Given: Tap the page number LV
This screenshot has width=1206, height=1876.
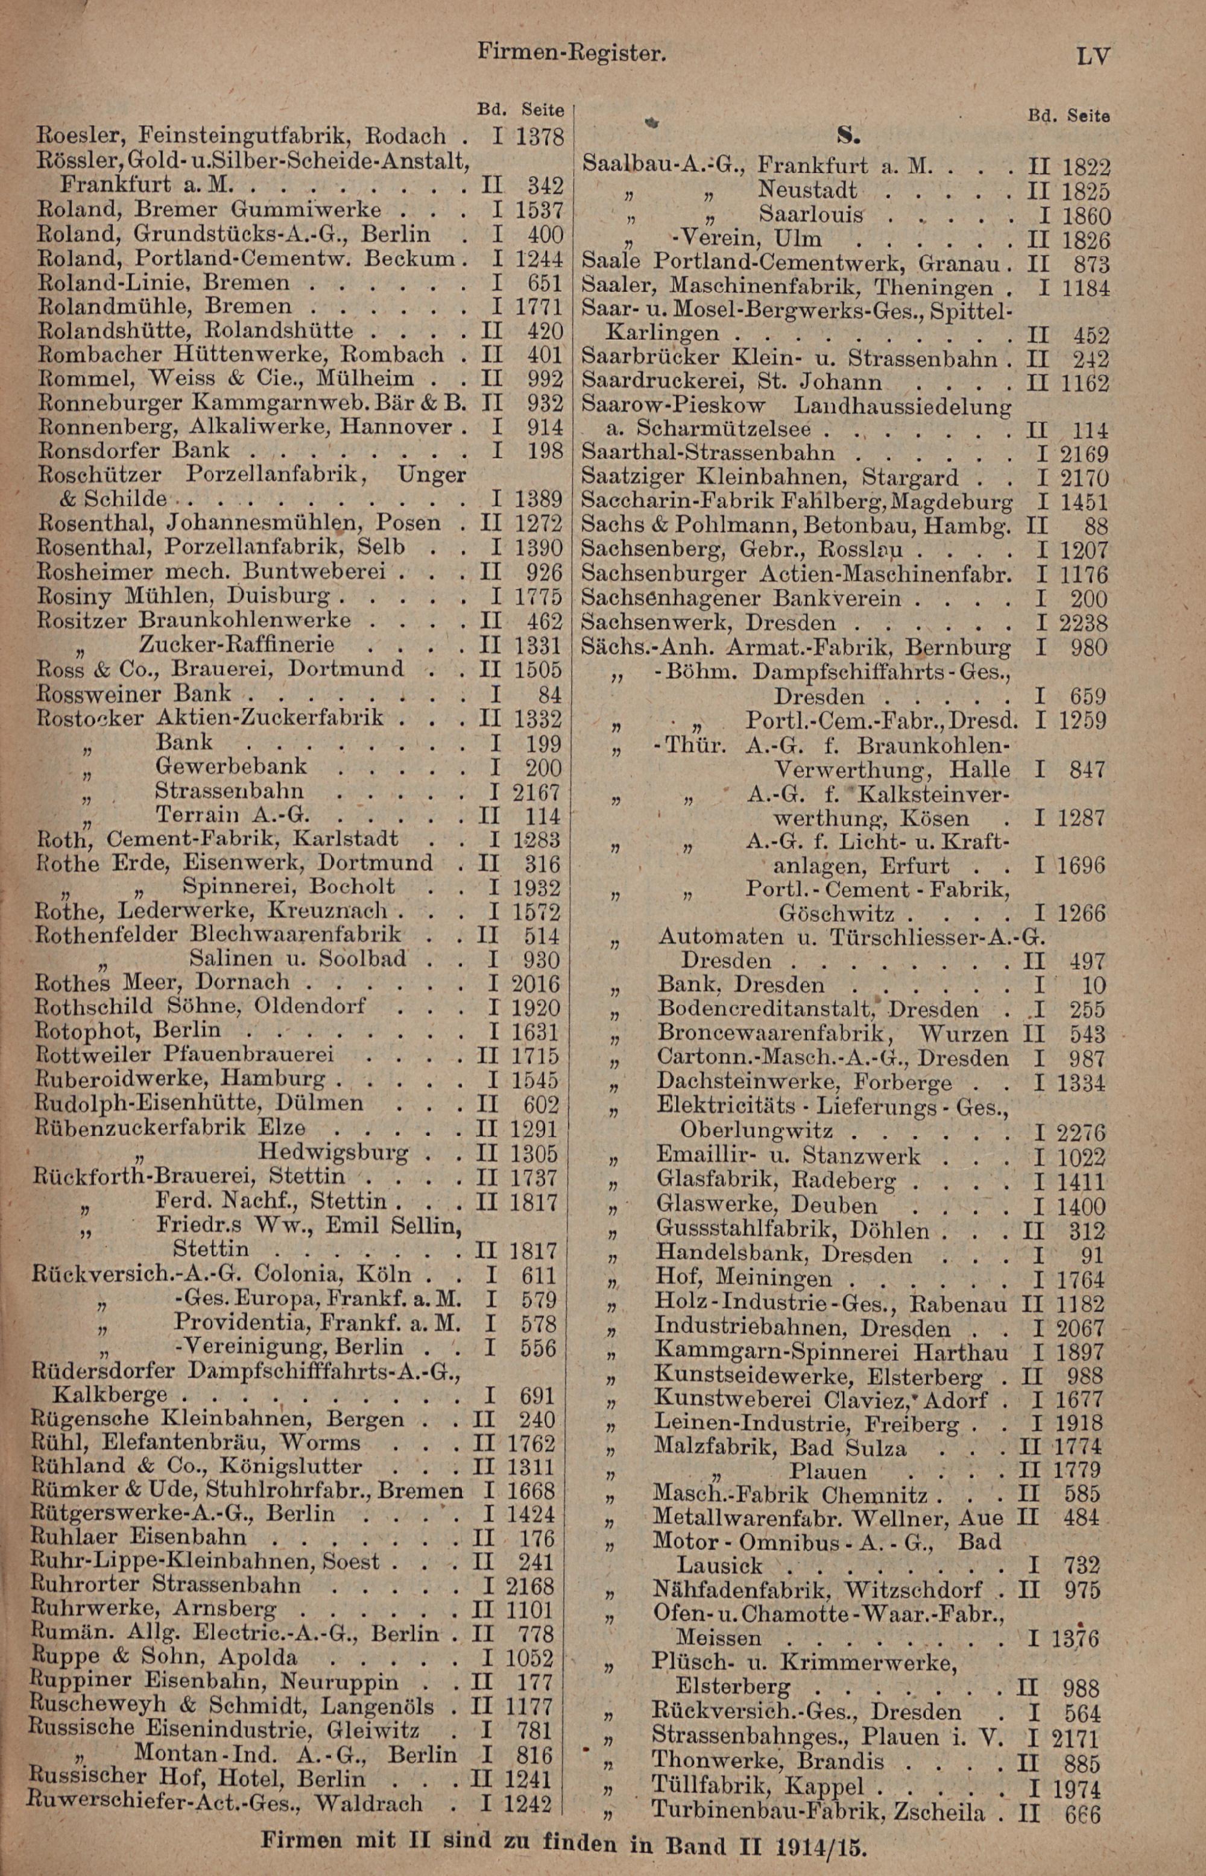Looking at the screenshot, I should click(x=1093, y=57).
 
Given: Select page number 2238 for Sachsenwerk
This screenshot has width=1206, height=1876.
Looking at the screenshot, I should click(x=1084, y=624).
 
